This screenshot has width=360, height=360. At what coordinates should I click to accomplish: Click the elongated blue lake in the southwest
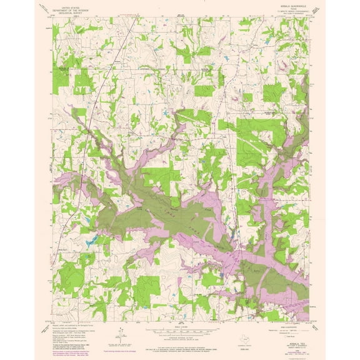point(92,240)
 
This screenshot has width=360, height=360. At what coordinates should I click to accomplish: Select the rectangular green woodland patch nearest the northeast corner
point(273,93)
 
